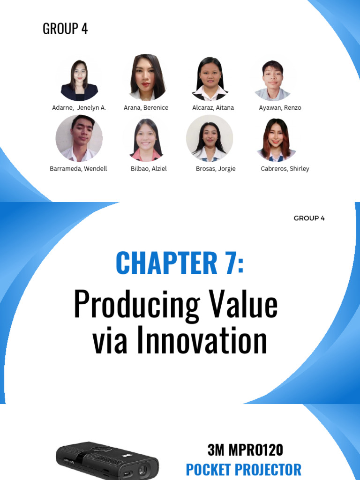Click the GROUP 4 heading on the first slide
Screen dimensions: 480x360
65,29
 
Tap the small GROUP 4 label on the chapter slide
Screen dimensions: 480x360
309,218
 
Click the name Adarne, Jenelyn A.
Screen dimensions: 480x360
79,108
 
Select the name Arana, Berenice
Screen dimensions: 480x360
146,108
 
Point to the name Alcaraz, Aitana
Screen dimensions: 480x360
213,108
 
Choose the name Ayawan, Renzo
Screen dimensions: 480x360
280,108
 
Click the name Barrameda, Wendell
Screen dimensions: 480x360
78,169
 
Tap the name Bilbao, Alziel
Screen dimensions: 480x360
149,169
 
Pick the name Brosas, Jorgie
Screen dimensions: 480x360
216,169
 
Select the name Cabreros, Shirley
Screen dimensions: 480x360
285,169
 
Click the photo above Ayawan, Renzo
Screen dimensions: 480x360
273,80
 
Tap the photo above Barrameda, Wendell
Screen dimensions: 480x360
79,138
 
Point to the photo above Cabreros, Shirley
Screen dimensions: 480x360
276,139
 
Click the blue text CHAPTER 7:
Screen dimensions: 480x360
180,263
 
